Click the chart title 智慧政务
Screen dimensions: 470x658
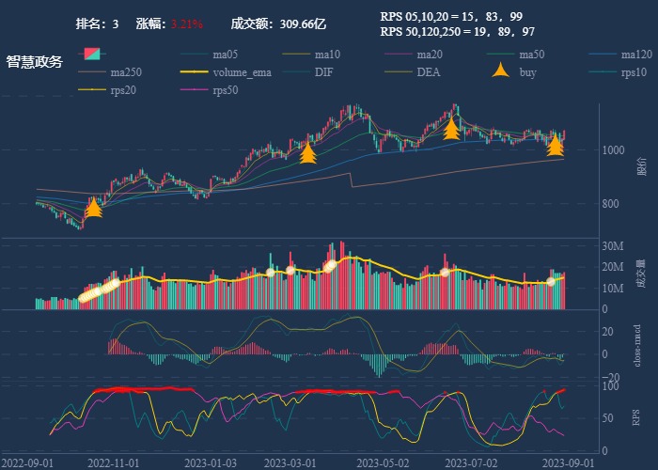pos(34,62)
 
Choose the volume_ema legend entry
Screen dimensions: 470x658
pos(242,72)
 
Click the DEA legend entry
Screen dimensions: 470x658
pos(429,72)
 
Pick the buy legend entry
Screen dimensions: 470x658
pos(527,72)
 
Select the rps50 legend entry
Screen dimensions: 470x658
pos(226,91)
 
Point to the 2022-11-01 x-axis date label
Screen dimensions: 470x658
pos(113,462)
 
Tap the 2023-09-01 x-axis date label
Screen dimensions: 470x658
pos(568,462)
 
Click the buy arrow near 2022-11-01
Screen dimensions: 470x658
pos(93,208)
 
